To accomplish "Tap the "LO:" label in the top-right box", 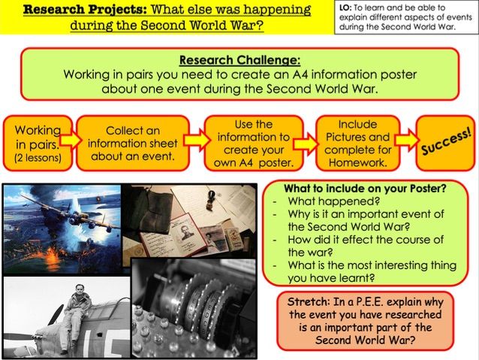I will point(347,8).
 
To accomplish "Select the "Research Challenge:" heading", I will point(239,60).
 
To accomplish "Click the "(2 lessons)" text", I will point(38,159).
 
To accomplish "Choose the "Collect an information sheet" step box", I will point(131,143).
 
